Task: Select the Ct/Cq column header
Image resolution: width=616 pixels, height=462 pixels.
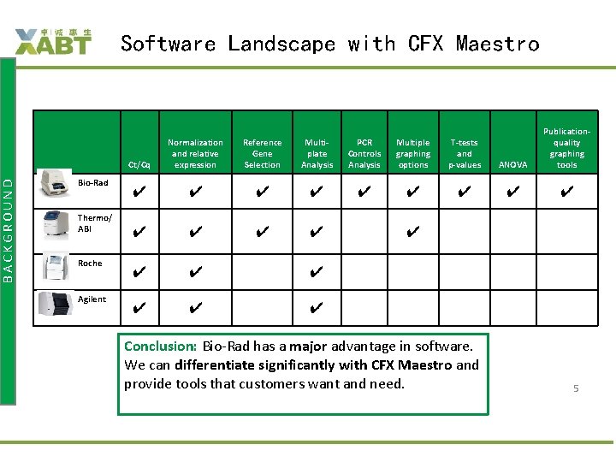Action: point(139,164)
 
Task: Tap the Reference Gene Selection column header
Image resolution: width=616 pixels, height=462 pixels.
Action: point(262,154)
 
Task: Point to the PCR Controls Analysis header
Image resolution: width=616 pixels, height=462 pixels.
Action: point(364,154)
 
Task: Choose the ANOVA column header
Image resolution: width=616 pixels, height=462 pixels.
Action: point(512,164)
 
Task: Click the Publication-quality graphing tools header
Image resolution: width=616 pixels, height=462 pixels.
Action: point(566,148)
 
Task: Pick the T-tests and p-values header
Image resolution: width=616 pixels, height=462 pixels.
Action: point(465,154)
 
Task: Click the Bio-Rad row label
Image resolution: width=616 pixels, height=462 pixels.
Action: point(92,183)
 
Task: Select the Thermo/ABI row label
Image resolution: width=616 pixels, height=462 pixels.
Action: point(94,223)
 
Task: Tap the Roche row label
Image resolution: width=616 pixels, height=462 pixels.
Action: point(90,264)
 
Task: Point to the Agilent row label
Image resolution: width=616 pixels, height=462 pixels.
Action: point(92,299)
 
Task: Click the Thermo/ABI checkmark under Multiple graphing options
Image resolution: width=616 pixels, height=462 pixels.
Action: point(413,231)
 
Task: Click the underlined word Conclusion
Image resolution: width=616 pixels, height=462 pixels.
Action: point(160,346)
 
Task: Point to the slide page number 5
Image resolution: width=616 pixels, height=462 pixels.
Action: point(576,388)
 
